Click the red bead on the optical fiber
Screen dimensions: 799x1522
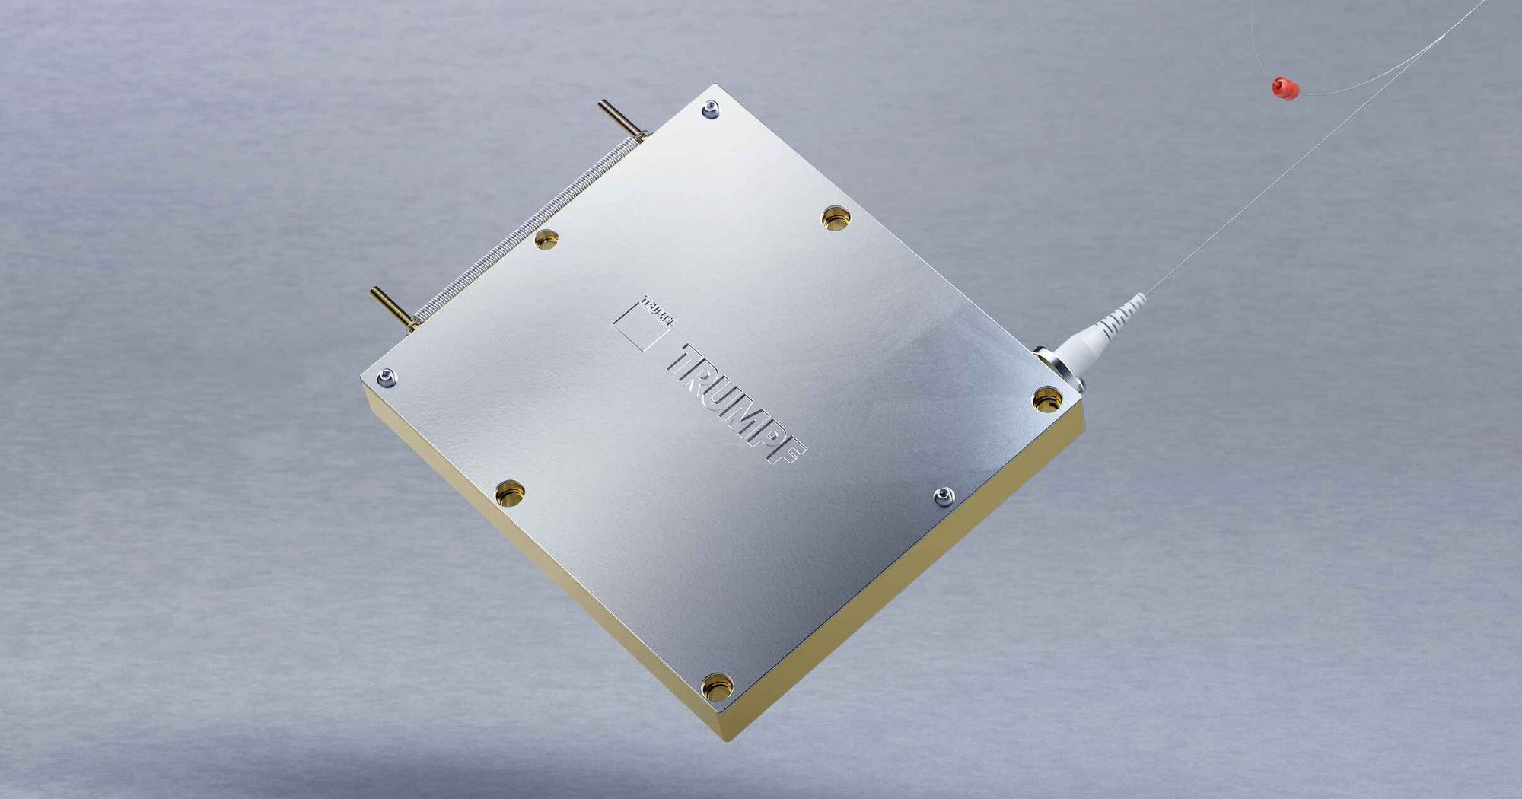pos(1285,88)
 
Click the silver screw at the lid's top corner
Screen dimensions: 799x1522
pos(711,110)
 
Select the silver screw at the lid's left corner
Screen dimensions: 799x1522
pos(387,377)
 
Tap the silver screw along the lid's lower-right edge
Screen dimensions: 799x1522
pos(944,497)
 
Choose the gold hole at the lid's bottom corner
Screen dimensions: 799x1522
pos(716,686)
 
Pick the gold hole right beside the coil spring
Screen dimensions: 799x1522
pos(546,240)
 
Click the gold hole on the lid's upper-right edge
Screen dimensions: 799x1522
pos(836,218)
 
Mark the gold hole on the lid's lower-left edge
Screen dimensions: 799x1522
pos(510,494)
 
